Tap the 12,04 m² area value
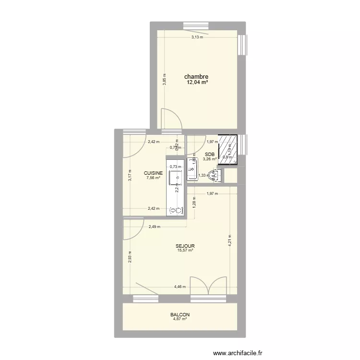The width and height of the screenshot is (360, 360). pyautogui.click(x=197, y=82)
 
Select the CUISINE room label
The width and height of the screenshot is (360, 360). pyautogui.click(x=154, y=173)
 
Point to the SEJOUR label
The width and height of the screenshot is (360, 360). pyautogui.click(x=185, y=245)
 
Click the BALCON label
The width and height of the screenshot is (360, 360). pyautogui.click(x=180, y=315)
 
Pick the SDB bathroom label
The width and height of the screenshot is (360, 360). pyautogui.click(x=210, y=154)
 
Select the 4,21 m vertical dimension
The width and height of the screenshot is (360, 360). pyautogui.click(x=230, y=240)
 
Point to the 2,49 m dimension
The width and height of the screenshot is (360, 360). pyautogui.click(x=154, y=227)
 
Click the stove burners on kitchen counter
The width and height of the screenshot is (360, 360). pyautogui.click(x=177, y=210)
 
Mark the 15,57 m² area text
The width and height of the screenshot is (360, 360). pyautogui.click(x=185, y=251)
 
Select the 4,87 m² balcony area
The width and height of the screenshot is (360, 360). pyautogui.click(x=180, y=320)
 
